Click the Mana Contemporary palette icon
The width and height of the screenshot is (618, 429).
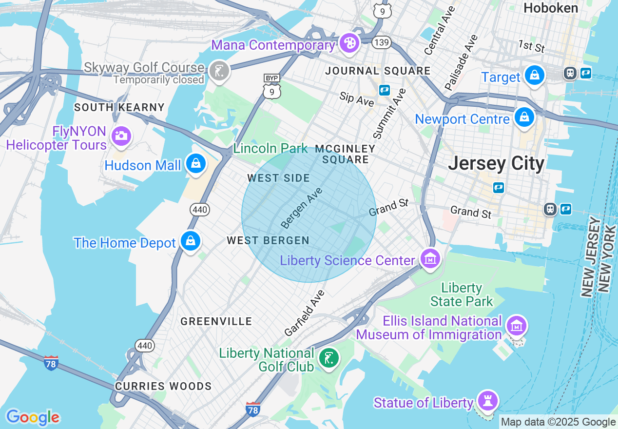pyautogui.click(x=349, y=42)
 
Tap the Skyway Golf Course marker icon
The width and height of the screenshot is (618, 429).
pyautogui.click(x=219, y=71)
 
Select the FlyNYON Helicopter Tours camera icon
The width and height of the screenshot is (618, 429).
pyautogui.click(x=120, y=136)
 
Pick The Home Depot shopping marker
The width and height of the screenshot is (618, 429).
pyautogui.click(x=190, y=241)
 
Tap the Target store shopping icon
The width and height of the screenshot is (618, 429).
pyautogui.click(x=535, y=76)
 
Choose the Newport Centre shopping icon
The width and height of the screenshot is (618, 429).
pyautogui.click(x=524, y=117)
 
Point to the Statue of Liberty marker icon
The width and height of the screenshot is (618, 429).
pyautogui.click(x=487, y=401)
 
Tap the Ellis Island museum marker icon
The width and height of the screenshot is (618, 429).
pyautogui.click(x=516, y=325)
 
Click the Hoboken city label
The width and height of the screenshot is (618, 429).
pyautogui.click(x=551, y=8)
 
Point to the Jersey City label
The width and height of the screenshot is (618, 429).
pyautogui.click(x=496, y=163)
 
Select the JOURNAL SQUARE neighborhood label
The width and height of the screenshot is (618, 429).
pyautogui.click(x=378, y=71)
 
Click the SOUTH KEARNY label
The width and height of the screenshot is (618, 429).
pyautogui.click(x=119, y=107)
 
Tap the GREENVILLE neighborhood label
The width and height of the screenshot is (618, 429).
pyautogui.click(x=216, y=321)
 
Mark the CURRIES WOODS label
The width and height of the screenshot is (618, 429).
pyautogui.click(x=163, y=386)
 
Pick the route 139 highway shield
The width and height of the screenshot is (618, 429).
pyautogui.click(x=381, y=43)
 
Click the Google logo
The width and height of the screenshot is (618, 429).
pyautogui.click(x=33, y=417)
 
